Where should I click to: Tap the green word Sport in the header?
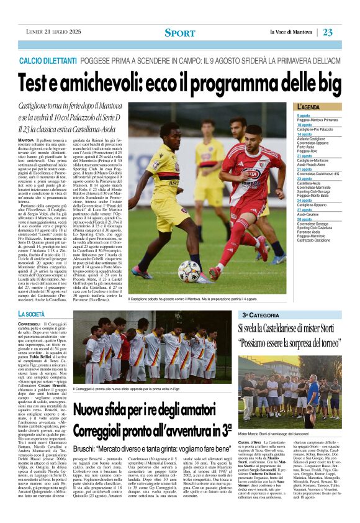click(x=179, y=32)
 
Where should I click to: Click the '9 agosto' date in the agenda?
click(x=304, y=116)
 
